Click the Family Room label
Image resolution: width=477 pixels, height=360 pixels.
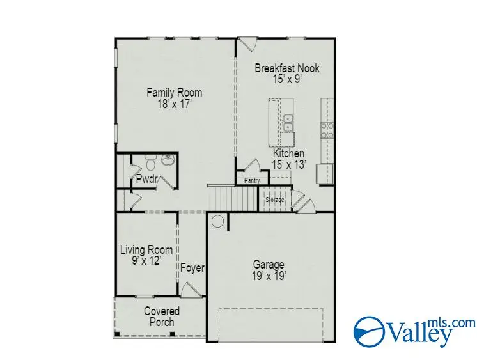174,93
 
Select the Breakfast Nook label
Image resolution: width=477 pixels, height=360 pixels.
287,68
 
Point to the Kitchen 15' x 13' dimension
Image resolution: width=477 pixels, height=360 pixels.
289,164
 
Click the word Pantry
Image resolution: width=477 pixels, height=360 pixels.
252,181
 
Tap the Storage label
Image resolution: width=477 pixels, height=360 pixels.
275,200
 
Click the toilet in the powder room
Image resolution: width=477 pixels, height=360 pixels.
149,160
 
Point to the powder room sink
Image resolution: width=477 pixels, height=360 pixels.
168,160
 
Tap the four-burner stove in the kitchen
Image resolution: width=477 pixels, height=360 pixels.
327,130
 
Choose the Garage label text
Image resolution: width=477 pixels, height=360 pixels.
269,265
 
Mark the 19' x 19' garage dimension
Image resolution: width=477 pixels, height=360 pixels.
269,276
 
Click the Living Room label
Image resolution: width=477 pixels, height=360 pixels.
146,249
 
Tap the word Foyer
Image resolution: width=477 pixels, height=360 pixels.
192,268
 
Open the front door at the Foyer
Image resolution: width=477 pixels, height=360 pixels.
189,292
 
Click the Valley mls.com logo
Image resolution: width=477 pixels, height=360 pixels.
414,330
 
